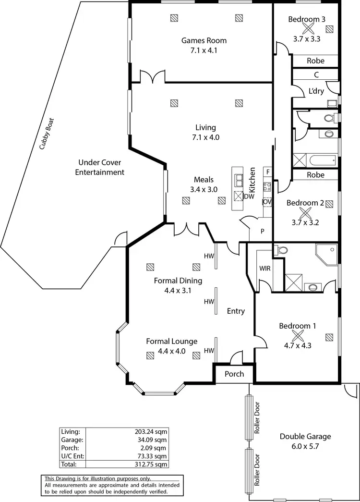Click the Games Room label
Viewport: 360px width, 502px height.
coord(204,40)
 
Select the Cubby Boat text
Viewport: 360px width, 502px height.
coord(48,134)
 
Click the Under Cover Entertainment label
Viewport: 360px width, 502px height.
coord(101,167)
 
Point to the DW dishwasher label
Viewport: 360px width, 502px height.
coord(250,196)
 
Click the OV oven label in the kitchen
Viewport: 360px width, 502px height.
coord(267,202)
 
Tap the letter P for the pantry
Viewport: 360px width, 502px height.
coord(263,231)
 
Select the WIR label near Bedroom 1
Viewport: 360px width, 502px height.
coord(265,269)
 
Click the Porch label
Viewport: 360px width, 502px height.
coord(234,374)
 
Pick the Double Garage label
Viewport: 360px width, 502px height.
coord(305,437)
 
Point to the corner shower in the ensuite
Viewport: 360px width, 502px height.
coord(326,255)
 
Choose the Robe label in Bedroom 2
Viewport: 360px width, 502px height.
coord(315,175)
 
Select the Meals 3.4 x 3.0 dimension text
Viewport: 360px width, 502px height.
coord(204,189)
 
